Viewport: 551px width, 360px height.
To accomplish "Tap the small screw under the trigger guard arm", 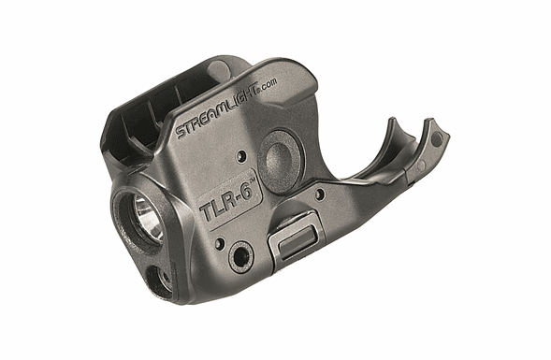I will coord(321,194).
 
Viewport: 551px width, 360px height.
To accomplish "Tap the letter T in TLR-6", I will coord(204,212).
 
